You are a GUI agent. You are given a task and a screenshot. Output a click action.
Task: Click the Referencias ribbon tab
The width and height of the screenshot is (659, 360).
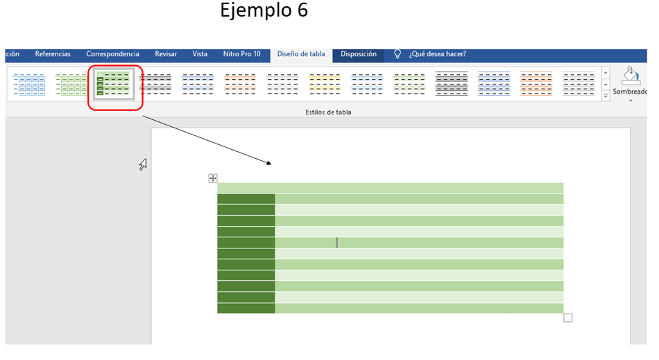[53, 54]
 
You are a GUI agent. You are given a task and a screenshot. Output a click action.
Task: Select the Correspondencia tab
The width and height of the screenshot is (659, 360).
[112, 54]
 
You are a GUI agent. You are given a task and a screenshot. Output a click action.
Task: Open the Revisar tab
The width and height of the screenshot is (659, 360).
[166, 54]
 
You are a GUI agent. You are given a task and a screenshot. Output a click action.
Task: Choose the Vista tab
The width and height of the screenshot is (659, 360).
[200, 54]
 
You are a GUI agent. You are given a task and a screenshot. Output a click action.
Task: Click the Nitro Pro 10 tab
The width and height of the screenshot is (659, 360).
[241, 54]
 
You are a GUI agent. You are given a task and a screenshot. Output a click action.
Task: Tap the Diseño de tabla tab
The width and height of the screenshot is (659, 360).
[301, 54]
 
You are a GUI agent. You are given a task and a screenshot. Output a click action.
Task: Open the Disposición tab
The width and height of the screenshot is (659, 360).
[359, 54]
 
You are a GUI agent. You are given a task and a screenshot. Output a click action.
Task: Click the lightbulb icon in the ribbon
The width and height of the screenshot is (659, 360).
[397, 54]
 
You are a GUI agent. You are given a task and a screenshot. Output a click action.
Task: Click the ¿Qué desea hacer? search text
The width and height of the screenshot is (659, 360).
[438, 54]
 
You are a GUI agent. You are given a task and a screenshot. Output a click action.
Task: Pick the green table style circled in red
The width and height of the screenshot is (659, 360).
[114, 84]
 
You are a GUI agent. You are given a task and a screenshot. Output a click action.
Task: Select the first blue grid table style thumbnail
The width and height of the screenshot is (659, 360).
[29, 85]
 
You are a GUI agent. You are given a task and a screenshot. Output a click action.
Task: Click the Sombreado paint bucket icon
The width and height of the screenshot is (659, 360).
[631, 76]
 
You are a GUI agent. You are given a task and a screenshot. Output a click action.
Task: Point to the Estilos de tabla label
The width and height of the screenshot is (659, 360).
[328, 112]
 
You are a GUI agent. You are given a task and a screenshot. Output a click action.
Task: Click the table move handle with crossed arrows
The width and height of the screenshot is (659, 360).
[213, 178]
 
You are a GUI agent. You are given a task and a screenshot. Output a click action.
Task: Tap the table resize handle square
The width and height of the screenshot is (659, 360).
[568, 318]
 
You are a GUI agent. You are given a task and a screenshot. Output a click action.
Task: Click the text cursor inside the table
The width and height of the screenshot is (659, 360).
[336, 242]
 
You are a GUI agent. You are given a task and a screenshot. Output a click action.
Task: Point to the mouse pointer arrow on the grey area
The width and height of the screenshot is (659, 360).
[143, 164]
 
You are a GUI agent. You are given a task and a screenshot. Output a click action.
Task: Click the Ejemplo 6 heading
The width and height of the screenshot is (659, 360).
[264, 10]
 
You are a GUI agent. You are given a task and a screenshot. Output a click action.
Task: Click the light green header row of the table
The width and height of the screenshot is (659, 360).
[390, 188]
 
